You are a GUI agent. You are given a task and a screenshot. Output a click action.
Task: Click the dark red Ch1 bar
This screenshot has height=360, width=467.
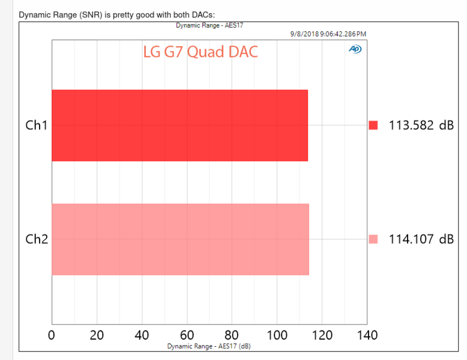pyautogui.click(x=179, y=125)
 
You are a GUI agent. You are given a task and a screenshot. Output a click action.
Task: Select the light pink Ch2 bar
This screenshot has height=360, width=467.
pyautogui.click(x=180, y=239)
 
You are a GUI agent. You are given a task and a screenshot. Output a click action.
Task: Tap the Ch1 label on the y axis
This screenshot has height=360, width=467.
pyautogui.click(x=37, y=125)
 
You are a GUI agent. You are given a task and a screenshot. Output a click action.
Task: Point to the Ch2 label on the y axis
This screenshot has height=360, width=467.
pyautogui.click(x=37, y=239)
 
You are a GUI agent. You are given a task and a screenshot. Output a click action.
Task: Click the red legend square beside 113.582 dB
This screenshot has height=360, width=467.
pyautogui.click(x=373, y=125)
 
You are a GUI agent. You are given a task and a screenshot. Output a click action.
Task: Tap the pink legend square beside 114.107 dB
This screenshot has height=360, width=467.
pyautogui.click(x=373, y=239)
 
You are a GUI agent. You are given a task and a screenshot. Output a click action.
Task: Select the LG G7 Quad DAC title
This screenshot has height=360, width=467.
pyautogui.click(x=200, y=52)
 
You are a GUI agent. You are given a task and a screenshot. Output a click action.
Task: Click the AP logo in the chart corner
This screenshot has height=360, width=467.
pyautogui.click(x=355, y=49)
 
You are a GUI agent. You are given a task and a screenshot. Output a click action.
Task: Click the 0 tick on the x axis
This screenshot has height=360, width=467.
pyautogui.click(x=52, y=335)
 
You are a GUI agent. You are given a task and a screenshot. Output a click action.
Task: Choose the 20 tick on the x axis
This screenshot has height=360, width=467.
pyautogui.click(x=97, y=335)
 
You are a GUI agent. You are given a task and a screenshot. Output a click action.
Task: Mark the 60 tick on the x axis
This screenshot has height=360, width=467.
pyautogui.click(x=187, y=335)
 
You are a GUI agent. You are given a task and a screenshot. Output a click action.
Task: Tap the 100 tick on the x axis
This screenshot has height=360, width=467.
pyautogui.click(x=277, y=335)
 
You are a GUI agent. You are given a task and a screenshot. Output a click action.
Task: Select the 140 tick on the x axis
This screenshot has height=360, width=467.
pyautogui.click(x=367, y=335)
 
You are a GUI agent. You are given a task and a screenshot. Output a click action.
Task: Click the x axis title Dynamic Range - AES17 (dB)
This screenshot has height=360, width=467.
pyautogui.click(x=209, y=346)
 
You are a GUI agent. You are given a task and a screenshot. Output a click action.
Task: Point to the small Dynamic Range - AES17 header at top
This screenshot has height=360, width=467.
pyautogui.click(x=209, y=26)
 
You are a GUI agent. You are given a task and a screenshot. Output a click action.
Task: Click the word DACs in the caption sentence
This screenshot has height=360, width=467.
pyautogui.click(x=201, y=13)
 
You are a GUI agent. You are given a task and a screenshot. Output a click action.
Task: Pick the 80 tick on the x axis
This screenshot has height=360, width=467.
pyautogui.click(x=232, y=335)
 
